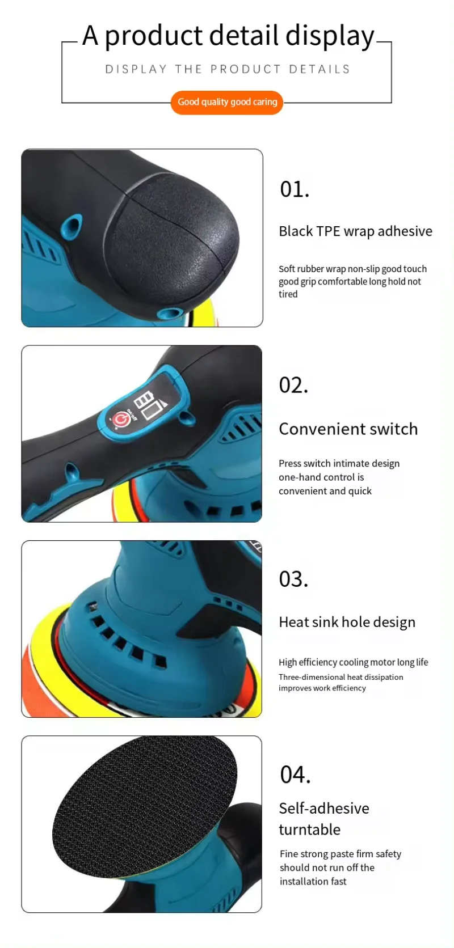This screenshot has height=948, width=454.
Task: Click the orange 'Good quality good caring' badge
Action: [x=227, y=102]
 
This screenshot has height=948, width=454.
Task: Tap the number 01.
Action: [x=294, y=189]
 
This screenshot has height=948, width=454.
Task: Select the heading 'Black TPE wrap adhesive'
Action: [x=355, y=231]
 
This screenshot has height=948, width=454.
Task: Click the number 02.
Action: [x=293, y=386]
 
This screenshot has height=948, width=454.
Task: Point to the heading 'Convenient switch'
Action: [x=348, y=429]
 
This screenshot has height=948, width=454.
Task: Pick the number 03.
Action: [x=293, y=579]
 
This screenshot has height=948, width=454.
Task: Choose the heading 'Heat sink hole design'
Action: [x=347, y=623]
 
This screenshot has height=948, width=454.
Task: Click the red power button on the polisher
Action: [x=120, y=420]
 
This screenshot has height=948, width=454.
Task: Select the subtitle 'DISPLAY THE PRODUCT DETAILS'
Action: [x=227, y=69]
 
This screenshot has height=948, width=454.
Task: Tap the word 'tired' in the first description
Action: [x=288, y=294]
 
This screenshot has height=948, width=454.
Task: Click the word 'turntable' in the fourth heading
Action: [x=309, y=830]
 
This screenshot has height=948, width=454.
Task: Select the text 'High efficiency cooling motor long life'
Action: [x=353, y=662]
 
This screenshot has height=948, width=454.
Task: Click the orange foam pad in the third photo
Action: [x=40, y=680]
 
